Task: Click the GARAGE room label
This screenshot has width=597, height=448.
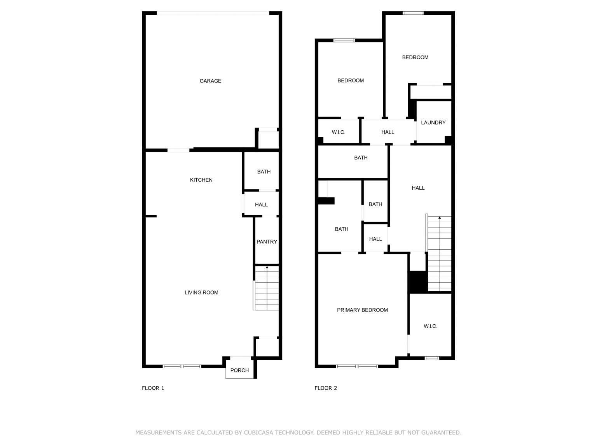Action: [x=210, y=81]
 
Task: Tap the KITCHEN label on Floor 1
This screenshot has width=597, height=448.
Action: [x=201, y=180]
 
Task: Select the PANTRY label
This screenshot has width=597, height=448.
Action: [x=267, y=242]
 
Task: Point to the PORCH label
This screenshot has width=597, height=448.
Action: [x=239, y=370]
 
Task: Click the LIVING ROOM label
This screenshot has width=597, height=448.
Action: [x=201, y=292]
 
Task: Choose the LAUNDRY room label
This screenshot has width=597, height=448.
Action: [x=433, y=122]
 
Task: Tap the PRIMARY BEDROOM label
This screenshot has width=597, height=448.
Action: [x=362, y=310]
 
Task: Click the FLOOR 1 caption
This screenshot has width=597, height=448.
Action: [x=153, y=388]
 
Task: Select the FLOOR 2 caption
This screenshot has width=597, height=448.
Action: [x=326, y=388]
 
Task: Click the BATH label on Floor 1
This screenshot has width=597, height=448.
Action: [x=264, y=171]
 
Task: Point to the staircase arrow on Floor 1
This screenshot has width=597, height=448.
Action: [x=267, y=268]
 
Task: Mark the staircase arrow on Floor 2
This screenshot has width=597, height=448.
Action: [x=440, y=218]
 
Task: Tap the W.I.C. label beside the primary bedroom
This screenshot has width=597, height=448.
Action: [x=430, y=326]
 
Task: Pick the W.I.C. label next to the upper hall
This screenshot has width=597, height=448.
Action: [x=339, y=132]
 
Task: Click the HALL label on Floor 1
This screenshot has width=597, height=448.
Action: [x=261, y=205]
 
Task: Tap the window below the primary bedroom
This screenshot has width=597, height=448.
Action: [x=357, y=366]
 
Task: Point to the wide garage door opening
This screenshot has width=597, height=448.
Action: [x=213, y=13]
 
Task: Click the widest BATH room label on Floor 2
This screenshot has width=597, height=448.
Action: [x=361, y=157]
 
